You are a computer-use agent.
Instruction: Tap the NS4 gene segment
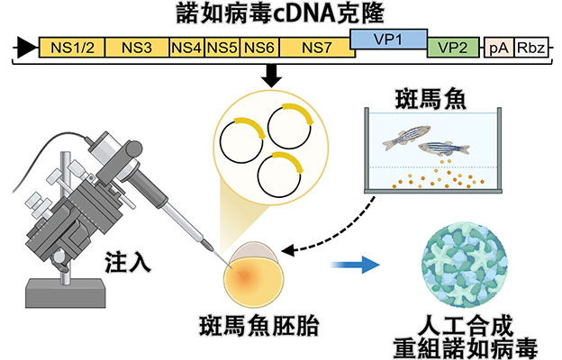pyautogui.click(x=187, y=49)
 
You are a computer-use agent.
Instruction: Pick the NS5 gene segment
pyautogui.click(x=224, y=49)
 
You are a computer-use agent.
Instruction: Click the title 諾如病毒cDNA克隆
pyautogui.click(x=280, y=14)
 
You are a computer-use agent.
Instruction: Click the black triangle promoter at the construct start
pyautogui.click(x=27, y=49)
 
